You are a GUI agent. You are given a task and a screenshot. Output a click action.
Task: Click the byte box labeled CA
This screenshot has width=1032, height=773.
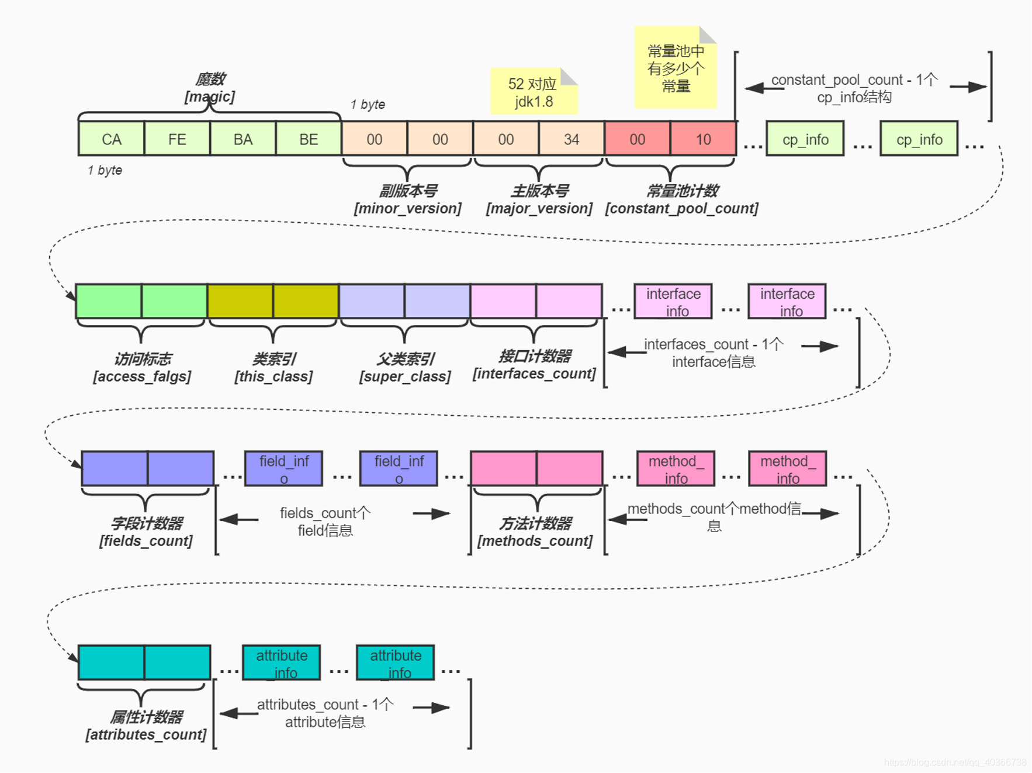[x=111, y=139]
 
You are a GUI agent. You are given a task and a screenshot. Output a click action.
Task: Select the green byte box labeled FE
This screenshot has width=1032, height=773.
[x=177, y=139]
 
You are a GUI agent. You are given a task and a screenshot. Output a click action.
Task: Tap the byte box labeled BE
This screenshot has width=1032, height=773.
[x=309, y=139]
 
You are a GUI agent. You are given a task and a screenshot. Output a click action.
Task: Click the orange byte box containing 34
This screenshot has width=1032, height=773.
[x=571, y=139]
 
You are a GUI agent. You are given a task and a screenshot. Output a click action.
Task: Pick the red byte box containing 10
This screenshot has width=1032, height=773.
[x=703, y=139]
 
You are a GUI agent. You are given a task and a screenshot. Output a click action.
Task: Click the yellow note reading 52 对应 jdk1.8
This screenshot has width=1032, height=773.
[x=532, y=92]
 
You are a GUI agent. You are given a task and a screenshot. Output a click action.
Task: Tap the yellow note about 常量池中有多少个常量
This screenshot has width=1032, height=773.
[x=676, y=68]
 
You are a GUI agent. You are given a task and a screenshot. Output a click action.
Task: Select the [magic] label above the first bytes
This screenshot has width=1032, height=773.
[x=210, y=96]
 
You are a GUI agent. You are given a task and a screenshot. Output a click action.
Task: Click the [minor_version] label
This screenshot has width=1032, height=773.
[x=407, y=208]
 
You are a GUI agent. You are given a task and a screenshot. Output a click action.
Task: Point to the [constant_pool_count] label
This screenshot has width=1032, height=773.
[x=681, y=208]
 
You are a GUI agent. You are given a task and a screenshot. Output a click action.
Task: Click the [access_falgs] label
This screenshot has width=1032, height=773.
[x=142, y=376]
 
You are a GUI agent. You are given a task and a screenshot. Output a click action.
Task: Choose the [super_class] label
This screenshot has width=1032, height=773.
[x=405, y=376]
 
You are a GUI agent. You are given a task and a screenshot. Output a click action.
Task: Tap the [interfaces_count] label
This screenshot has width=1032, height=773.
[x=534, y=373]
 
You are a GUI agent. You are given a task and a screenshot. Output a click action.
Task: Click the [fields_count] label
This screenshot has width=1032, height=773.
[x=146, y=540]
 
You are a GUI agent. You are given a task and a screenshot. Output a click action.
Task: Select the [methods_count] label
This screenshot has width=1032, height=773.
[x=535, y=540]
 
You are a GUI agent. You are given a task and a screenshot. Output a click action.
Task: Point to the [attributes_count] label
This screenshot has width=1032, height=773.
[x=146, y=734]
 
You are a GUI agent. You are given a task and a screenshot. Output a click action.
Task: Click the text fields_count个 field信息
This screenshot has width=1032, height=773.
[x=325, y=521]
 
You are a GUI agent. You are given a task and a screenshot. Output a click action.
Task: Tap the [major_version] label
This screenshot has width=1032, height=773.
[x=539, y=208]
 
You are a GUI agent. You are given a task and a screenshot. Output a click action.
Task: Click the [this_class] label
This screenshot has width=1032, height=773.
[x=273, y=376]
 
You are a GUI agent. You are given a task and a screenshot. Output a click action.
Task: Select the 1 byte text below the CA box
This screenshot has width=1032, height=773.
[x=105, y=170]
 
